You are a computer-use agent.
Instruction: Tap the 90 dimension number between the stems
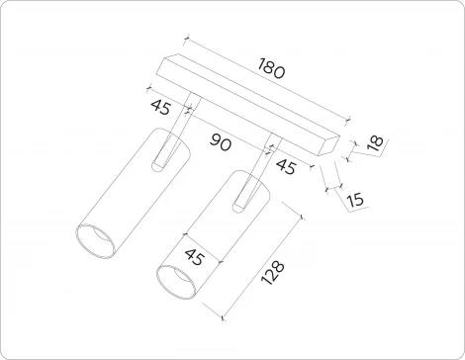click(x=221, y=143)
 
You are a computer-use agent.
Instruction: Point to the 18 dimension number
click(x=373, y=144)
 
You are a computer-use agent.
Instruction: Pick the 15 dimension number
click(x=355, y=199)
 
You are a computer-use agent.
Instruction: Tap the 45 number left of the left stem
click(x=160, y=105)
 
